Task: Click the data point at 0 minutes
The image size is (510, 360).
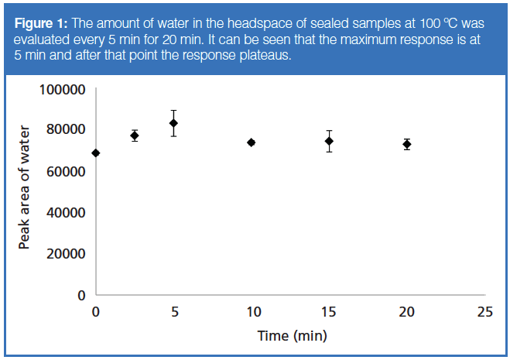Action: pos(95,153)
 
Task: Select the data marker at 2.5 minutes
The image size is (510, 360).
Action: pos(135,135)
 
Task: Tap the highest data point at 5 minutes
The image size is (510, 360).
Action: pos(173,123)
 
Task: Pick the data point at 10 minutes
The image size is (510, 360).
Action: pos(251,142)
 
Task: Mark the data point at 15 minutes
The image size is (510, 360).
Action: pos(329,141)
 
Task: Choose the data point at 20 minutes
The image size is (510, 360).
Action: pos(406,144)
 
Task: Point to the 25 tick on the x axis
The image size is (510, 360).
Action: pos(484,311)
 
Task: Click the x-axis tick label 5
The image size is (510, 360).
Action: pos(173,311)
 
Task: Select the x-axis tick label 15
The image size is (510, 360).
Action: pos(329,311)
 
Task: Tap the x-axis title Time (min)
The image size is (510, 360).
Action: pos(292,335)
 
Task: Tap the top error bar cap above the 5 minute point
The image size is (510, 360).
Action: pos(173,111)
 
